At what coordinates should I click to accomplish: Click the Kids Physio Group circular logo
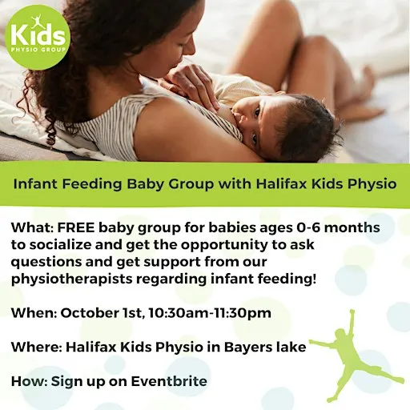point(38,37)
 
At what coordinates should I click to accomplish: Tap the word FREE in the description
point(76,227)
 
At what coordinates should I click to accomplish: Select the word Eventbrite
point(169,381)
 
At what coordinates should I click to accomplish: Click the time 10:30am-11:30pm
point(210,313)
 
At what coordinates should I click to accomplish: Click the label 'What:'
point(33,227)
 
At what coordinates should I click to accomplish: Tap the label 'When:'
point(34,313)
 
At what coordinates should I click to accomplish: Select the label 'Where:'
point(37,347)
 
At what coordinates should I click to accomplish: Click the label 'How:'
point(30,381)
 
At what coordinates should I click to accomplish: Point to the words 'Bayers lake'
point(265,347)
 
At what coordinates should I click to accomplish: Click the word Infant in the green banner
point(35,183)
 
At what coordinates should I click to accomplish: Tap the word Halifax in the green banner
point(281,183)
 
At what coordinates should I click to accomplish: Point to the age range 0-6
point(308,227)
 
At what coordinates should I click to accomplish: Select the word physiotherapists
point(72,279)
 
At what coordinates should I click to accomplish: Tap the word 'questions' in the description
point(46,262)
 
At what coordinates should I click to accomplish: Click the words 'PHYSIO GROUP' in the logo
point(38,50)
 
